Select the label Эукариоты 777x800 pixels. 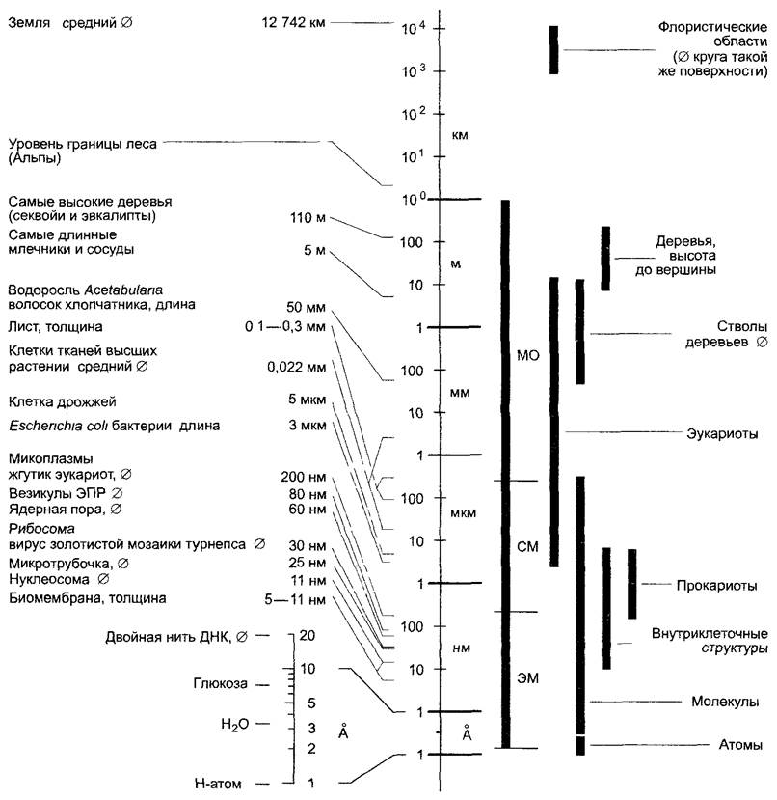(x=723, y=433)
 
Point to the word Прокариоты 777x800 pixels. (x=715, y=586)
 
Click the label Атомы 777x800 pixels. (x=741, y=745)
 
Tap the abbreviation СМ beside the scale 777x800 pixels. (x=527, y=548)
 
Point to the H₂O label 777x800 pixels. (x=235, y=723)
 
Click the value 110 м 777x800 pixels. (x=309, y=218)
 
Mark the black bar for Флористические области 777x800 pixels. (x=554, y=49)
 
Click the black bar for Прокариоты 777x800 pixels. (x=632, y=584)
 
